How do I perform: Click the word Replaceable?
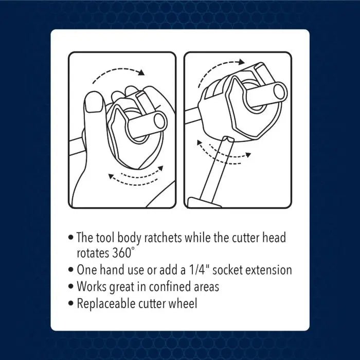coord(105,303)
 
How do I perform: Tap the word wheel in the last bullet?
coord(183,303)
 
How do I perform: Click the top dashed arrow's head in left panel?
coord(141,73)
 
